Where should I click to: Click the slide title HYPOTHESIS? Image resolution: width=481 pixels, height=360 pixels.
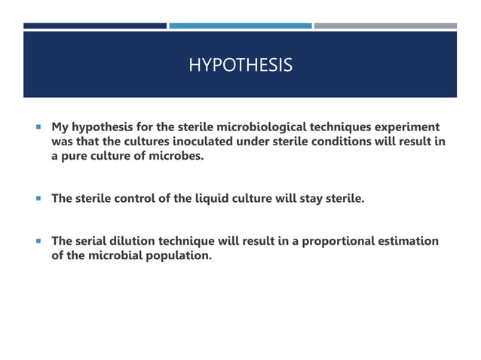click(240, 66)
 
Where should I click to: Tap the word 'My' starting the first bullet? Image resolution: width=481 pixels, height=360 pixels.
click(60, 126)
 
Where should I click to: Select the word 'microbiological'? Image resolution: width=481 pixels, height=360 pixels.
click(253, 126)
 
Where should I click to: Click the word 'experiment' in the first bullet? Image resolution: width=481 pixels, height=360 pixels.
click(407, 126)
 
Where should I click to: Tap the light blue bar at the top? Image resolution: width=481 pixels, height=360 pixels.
click(240, 26)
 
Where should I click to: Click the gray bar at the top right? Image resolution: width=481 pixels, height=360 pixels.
click(384, 26)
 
